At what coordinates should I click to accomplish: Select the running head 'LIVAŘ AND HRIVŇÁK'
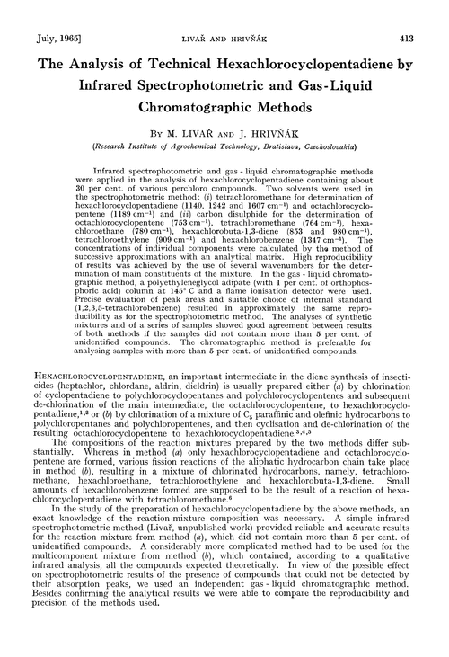[227, 16]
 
